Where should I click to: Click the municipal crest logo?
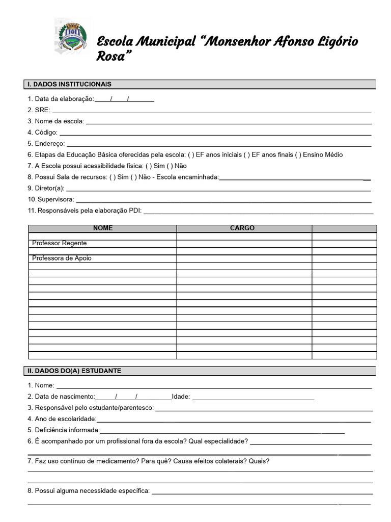(x=72, y=36)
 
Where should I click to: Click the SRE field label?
(x=42, y=110)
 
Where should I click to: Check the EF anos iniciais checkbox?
(x=191, y=155)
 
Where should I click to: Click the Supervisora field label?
(x=54, y=199)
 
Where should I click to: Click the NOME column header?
(x=103, y=228)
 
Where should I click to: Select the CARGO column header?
(x=242, y=228)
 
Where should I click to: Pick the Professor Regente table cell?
(x=60, y=243)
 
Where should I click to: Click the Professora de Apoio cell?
(x=62, y=258)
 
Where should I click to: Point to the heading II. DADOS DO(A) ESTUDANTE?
(x=74, y=371)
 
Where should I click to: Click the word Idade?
(x=181, y=397)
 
